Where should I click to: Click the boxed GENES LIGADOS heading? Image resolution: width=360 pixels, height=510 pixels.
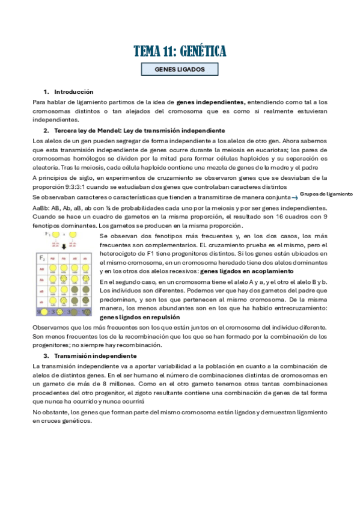[180, 70]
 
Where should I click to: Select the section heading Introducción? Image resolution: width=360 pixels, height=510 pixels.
[73, 92]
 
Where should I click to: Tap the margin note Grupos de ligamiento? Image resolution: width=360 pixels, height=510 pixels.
[326, 194]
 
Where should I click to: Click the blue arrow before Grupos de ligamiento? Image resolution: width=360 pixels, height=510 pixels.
[294, 197]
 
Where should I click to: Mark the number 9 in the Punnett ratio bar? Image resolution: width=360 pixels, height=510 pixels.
[39, 313]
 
